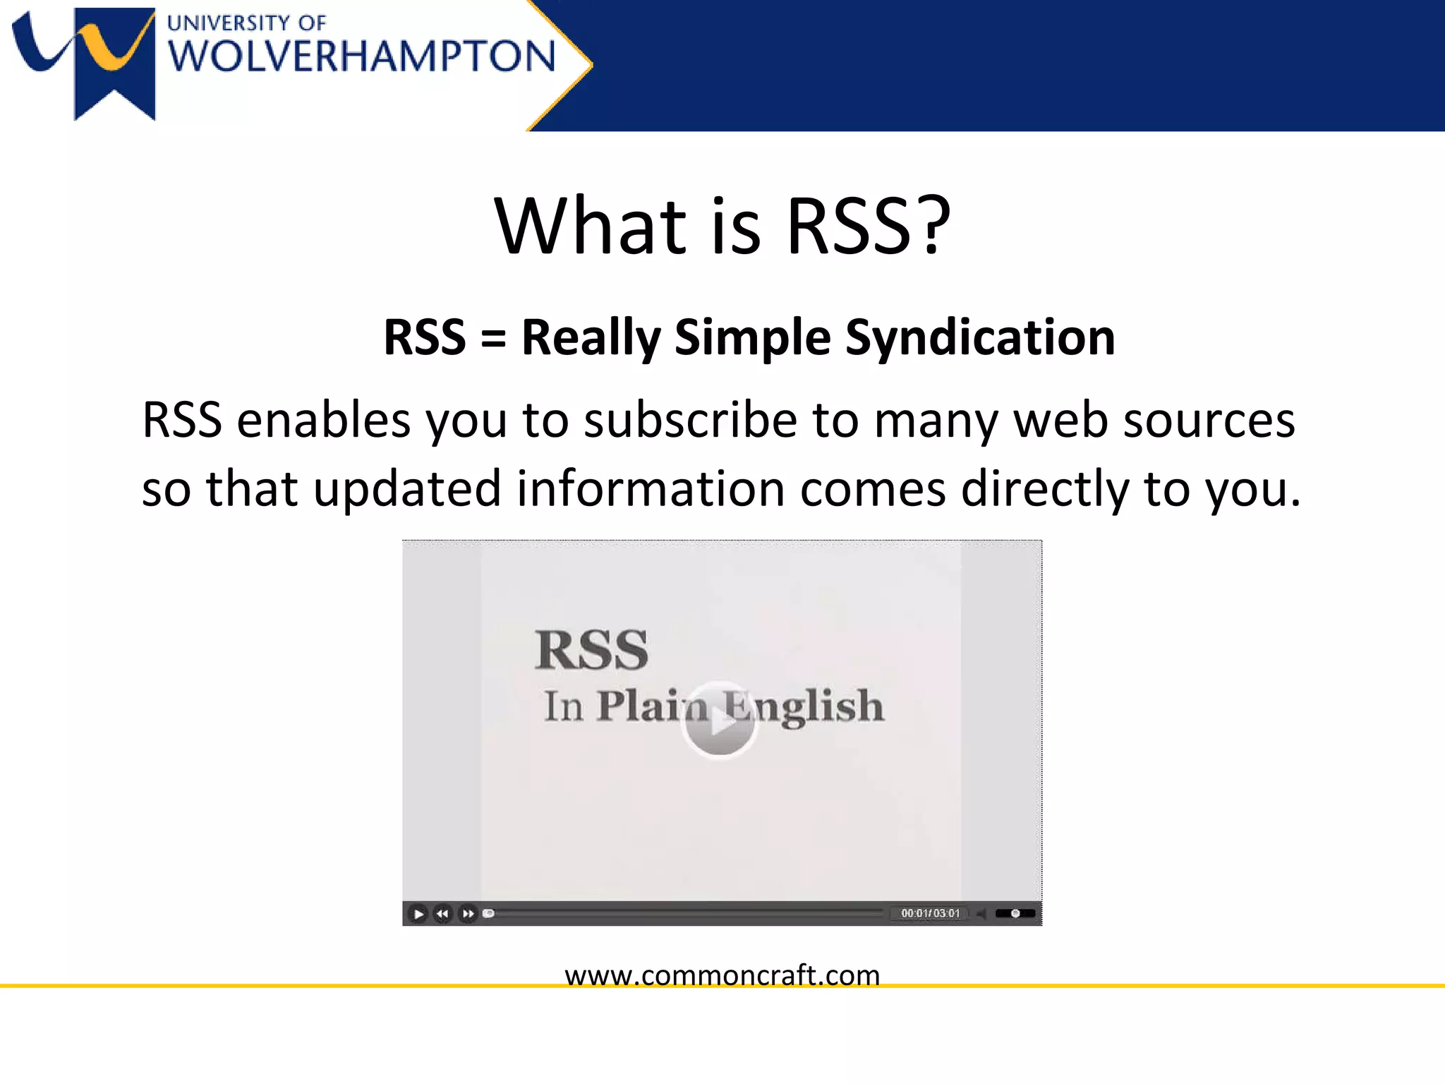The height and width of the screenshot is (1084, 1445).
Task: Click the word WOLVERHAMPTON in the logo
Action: (x=362, y=56)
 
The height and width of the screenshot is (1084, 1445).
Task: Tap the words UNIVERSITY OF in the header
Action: (x=246, y=23)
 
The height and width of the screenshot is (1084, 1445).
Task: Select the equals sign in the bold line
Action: (x=493, y=337)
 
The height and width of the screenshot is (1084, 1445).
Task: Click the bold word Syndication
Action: (x=980, y=337)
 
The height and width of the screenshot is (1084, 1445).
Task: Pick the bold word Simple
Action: (x=752, y=337)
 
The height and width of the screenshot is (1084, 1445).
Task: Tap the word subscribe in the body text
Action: (x=689, y=421)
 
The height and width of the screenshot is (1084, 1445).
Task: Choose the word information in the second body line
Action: (x=651, y=488)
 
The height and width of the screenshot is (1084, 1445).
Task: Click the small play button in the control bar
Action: (x=418, y=914)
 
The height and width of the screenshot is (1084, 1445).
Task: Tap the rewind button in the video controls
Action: (x=442, y=914)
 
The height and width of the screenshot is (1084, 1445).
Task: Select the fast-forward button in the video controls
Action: (x=468, y=914)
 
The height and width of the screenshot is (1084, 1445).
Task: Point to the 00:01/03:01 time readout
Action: (x=931, y=913)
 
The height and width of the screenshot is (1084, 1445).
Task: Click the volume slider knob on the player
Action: (x=1015, y=913)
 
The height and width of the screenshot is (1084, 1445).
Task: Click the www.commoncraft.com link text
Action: (x=722, y=975)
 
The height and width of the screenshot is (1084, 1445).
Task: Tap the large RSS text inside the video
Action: (x=591, y=649)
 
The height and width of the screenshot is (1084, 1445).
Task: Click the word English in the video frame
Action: (x=804, y=706)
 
